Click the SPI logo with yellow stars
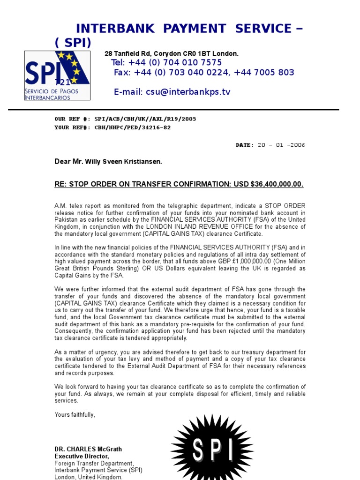(x=57, y=75)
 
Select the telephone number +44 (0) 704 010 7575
(x=179, y=63)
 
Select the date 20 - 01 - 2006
(x=281, y=145)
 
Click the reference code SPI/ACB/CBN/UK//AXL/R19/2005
(x=145, y=119)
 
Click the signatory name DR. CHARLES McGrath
(x=88, y=449)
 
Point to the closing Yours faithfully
(x=75, y=414)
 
